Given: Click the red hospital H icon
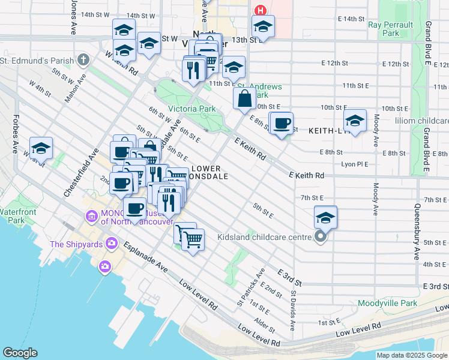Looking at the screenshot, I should click(260, 10).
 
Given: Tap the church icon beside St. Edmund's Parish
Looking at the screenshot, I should click(83, 60).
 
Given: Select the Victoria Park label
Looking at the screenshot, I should click(191, 109).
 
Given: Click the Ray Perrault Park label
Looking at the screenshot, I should click(391, 29).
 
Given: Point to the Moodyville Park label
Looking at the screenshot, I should click(387, 303).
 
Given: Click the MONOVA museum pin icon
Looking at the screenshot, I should click(92, 215).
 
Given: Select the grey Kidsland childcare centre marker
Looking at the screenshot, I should click(321, 237).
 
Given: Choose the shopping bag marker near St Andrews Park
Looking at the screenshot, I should click(244, 99).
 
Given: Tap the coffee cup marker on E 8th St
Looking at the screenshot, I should click(282, 124).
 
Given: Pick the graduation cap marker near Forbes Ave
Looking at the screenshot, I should click(41, 148).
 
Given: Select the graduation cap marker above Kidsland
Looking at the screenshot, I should click(325, 217).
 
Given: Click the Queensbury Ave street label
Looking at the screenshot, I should click(417, 232).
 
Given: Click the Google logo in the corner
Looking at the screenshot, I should click(20, 353).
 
